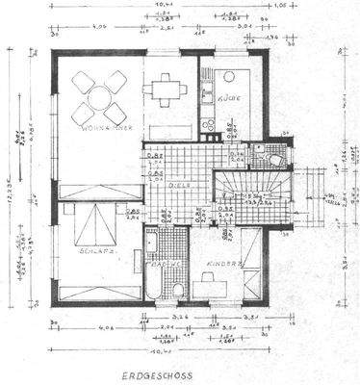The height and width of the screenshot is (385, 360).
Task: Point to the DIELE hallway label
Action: (180, 186)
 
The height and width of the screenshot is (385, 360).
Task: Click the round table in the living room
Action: (99, 96)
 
